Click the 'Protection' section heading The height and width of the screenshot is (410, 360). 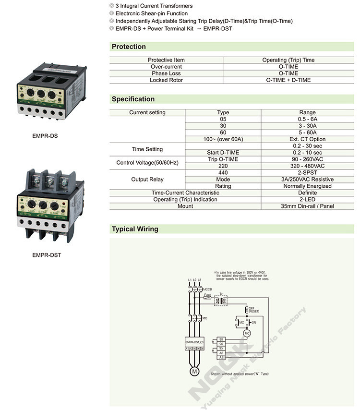(129, 47)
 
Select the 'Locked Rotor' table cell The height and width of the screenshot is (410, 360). (166, 80)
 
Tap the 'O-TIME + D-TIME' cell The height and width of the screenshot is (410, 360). (288, 80)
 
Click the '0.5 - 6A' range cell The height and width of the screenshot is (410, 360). (308, 119)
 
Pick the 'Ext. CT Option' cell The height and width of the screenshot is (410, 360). (308, 139)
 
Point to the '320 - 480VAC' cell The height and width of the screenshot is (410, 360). (308, 166)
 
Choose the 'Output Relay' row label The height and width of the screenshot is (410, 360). (147, 179)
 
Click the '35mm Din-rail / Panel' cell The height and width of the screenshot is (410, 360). (308, 206)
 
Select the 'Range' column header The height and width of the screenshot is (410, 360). (308, 112)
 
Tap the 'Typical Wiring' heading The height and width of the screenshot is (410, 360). (135, 229)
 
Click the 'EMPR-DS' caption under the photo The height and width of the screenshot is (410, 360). (45, 136)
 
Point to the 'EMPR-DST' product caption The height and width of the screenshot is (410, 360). (47, 255)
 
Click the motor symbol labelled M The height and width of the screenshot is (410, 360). (194, 372)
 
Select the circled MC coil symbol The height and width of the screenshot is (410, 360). (247, 333)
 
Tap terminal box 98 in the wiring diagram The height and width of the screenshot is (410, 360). (221, 339)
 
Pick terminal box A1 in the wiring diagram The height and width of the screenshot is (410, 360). (221, 357)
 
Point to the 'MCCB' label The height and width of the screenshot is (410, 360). (207, 289)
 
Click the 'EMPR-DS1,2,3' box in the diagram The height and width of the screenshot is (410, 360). (194, 342)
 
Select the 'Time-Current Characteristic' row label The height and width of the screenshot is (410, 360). (185, 193)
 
